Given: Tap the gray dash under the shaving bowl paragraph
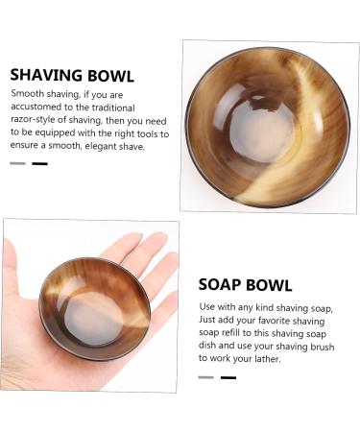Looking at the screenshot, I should pyautogui.click(x=17, y=163).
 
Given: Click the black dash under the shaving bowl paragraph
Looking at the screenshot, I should pyautogui.click(x=39, y=163).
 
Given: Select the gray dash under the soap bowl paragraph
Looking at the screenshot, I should pyautogui.click(x=205, y=377).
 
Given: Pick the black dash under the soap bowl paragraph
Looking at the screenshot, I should pyautogui.click(x=228, y=377).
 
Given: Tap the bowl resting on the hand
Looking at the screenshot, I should pyautogui.click(x=95, y=307).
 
